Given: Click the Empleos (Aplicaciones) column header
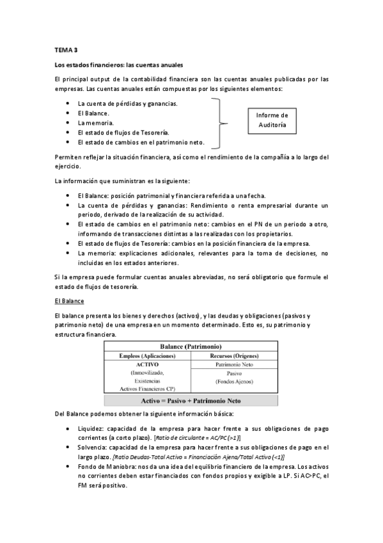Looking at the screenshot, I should pos(147,355).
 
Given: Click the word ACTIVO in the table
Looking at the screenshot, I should pos(147,364).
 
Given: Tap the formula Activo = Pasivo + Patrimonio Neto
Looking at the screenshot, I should pos(191,401).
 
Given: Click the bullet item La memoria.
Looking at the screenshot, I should pos(96,122).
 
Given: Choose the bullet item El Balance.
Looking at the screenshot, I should pos(93,113).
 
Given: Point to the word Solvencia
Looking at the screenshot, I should pos(93,448).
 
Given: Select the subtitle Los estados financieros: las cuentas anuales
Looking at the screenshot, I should pos(119,65).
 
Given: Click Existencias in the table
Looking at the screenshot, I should pos(147,380).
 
